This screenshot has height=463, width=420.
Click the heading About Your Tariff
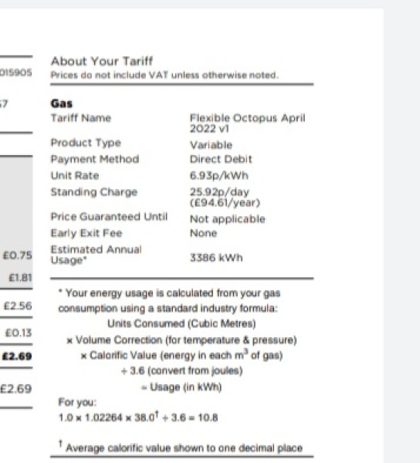pyautogui.click(x=101, y=61)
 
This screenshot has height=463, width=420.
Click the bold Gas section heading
pyautogui.click(x=61, y=103)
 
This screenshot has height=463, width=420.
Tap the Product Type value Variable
pyautogui.click(x=210, y=144)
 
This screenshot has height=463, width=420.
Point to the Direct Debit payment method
pyautogui.click(x=220, y=159)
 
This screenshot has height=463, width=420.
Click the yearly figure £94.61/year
pyautogui.click(x=225, y=202)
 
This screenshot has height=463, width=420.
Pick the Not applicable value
pyautogui.click(x=227, y=219)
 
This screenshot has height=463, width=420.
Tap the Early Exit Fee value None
pyautogui.click(x=204, y=233)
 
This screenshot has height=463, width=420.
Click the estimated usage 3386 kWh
pyautogui.click(x=215, y=258)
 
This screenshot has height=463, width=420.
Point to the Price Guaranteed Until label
pyautogui.click(x=108, y=218)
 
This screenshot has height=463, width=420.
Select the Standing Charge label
pyautogui.click(x=93, y=191)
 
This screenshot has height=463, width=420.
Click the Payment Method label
pyautogui.click(x=94, y=159)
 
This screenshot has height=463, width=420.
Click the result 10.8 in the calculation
pyautogui.click(x=208, y=417)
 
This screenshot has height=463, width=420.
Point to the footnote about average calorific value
pyautogui.click(x=184, y=448)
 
